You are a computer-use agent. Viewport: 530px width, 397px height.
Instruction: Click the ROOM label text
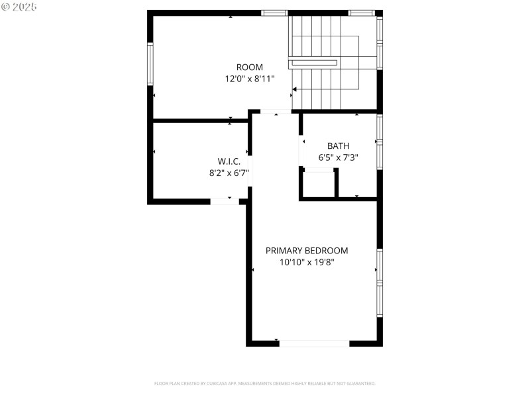pyautogui.click(x=250, y=67)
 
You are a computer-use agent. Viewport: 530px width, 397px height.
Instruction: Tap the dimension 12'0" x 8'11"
pyautogui.click(x=250, y=78)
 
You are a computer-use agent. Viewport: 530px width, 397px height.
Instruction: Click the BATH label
pyautogui.click(x=338, y=146)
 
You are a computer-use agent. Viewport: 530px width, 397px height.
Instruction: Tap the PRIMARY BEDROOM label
pyautogui.click(x=307, y=251)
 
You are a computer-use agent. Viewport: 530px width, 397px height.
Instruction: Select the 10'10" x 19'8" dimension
pyautogui.click(x=307, y=262)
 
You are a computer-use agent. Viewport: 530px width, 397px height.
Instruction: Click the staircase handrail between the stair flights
pyautogui.click(x=313, y=63)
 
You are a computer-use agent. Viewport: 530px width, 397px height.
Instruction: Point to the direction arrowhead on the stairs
pyautogui.click(x=295, y=89)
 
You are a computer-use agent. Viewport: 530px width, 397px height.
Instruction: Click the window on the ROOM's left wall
pyautogui.click(x=150, y=64)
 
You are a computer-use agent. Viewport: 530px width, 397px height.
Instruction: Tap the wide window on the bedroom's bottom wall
pyautogui.click(x=314, y=343)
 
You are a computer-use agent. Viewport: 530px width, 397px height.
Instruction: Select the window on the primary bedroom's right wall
pyautogui.click(x=380, y=283)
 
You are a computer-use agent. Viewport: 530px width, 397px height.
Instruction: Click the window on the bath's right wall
pyautogui.click(x=380, y=142)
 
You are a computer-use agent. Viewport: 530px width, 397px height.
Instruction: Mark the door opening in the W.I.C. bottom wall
pyautogui.click(x=225, y=200)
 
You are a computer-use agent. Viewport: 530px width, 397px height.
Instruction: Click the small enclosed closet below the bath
pyautogui.click(x=318, y=184)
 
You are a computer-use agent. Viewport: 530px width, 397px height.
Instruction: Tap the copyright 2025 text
pyautogui.click(x=19, y=6)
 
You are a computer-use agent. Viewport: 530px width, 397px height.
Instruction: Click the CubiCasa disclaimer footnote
pyautogui.click(x=265, y=383)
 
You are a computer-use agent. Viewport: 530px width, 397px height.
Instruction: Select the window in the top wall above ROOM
pyautogui.click(x=274, y=13)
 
